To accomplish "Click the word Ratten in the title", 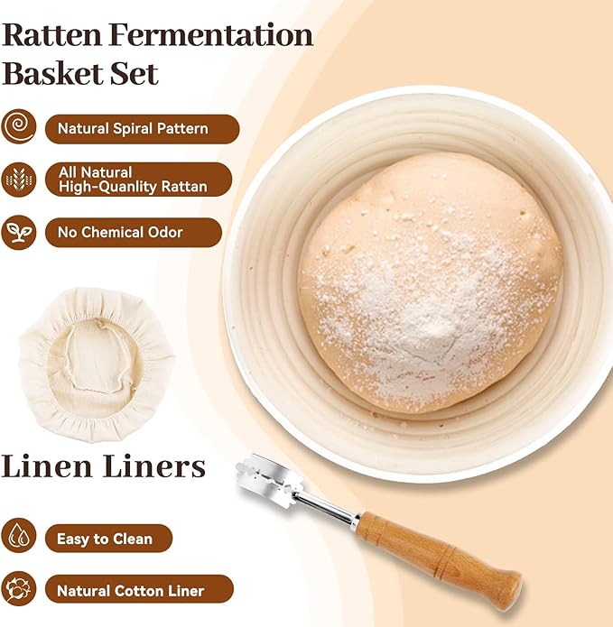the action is click(52, 35).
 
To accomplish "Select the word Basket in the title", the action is click(52, 74).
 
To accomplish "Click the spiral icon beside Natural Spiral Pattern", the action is click(18, 127).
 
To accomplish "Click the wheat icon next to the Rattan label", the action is click(18, 180).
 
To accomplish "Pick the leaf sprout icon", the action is click(18, 233).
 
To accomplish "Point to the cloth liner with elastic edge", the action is click(96, 364).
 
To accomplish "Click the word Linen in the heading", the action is click(46, 466).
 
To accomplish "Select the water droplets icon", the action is click(18, 535).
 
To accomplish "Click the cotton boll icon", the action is click(18, 588).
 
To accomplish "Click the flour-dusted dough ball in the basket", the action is click(431, 282).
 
